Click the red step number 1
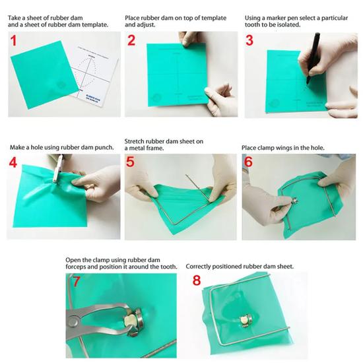pyautogui.click(x=14, y=40)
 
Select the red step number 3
pyautogui.click(x=249, y=40)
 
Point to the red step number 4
pyautogui.click(x=13, y=162)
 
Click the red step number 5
pyautogui.click(x=130, y=162)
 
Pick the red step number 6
pyautogui.click(x=248, y=162)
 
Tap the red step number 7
pyautogui.click(x=77, y=280)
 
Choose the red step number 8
pyautogui.click(x=197, y=280)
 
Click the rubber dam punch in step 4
pyautogui.click(x=58, y=168)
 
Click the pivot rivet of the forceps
pyautogui.click(x=73, y=321)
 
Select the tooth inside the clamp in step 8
pyautogui.click(x=244, y=320)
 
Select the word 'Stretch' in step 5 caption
pyautogui.click(x=133, y=141)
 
